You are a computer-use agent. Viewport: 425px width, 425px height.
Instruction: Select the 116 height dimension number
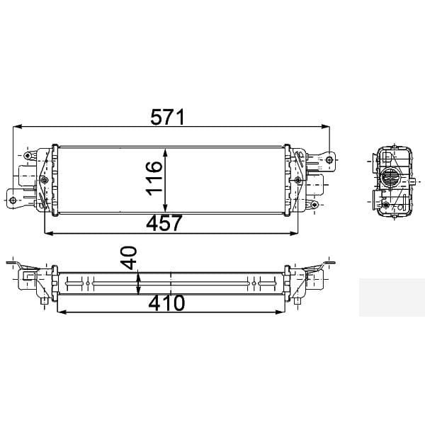(154, 178)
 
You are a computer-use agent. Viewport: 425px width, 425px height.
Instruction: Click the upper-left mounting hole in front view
(28, 155)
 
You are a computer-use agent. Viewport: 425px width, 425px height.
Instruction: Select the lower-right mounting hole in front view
(313, 205)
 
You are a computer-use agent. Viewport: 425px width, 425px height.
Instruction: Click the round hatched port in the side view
(389, 179)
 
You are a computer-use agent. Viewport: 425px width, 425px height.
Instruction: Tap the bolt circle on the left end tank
(45, 181)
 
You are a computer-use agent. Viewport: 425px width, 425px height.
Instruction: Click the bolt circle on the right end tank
(297, 181)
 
